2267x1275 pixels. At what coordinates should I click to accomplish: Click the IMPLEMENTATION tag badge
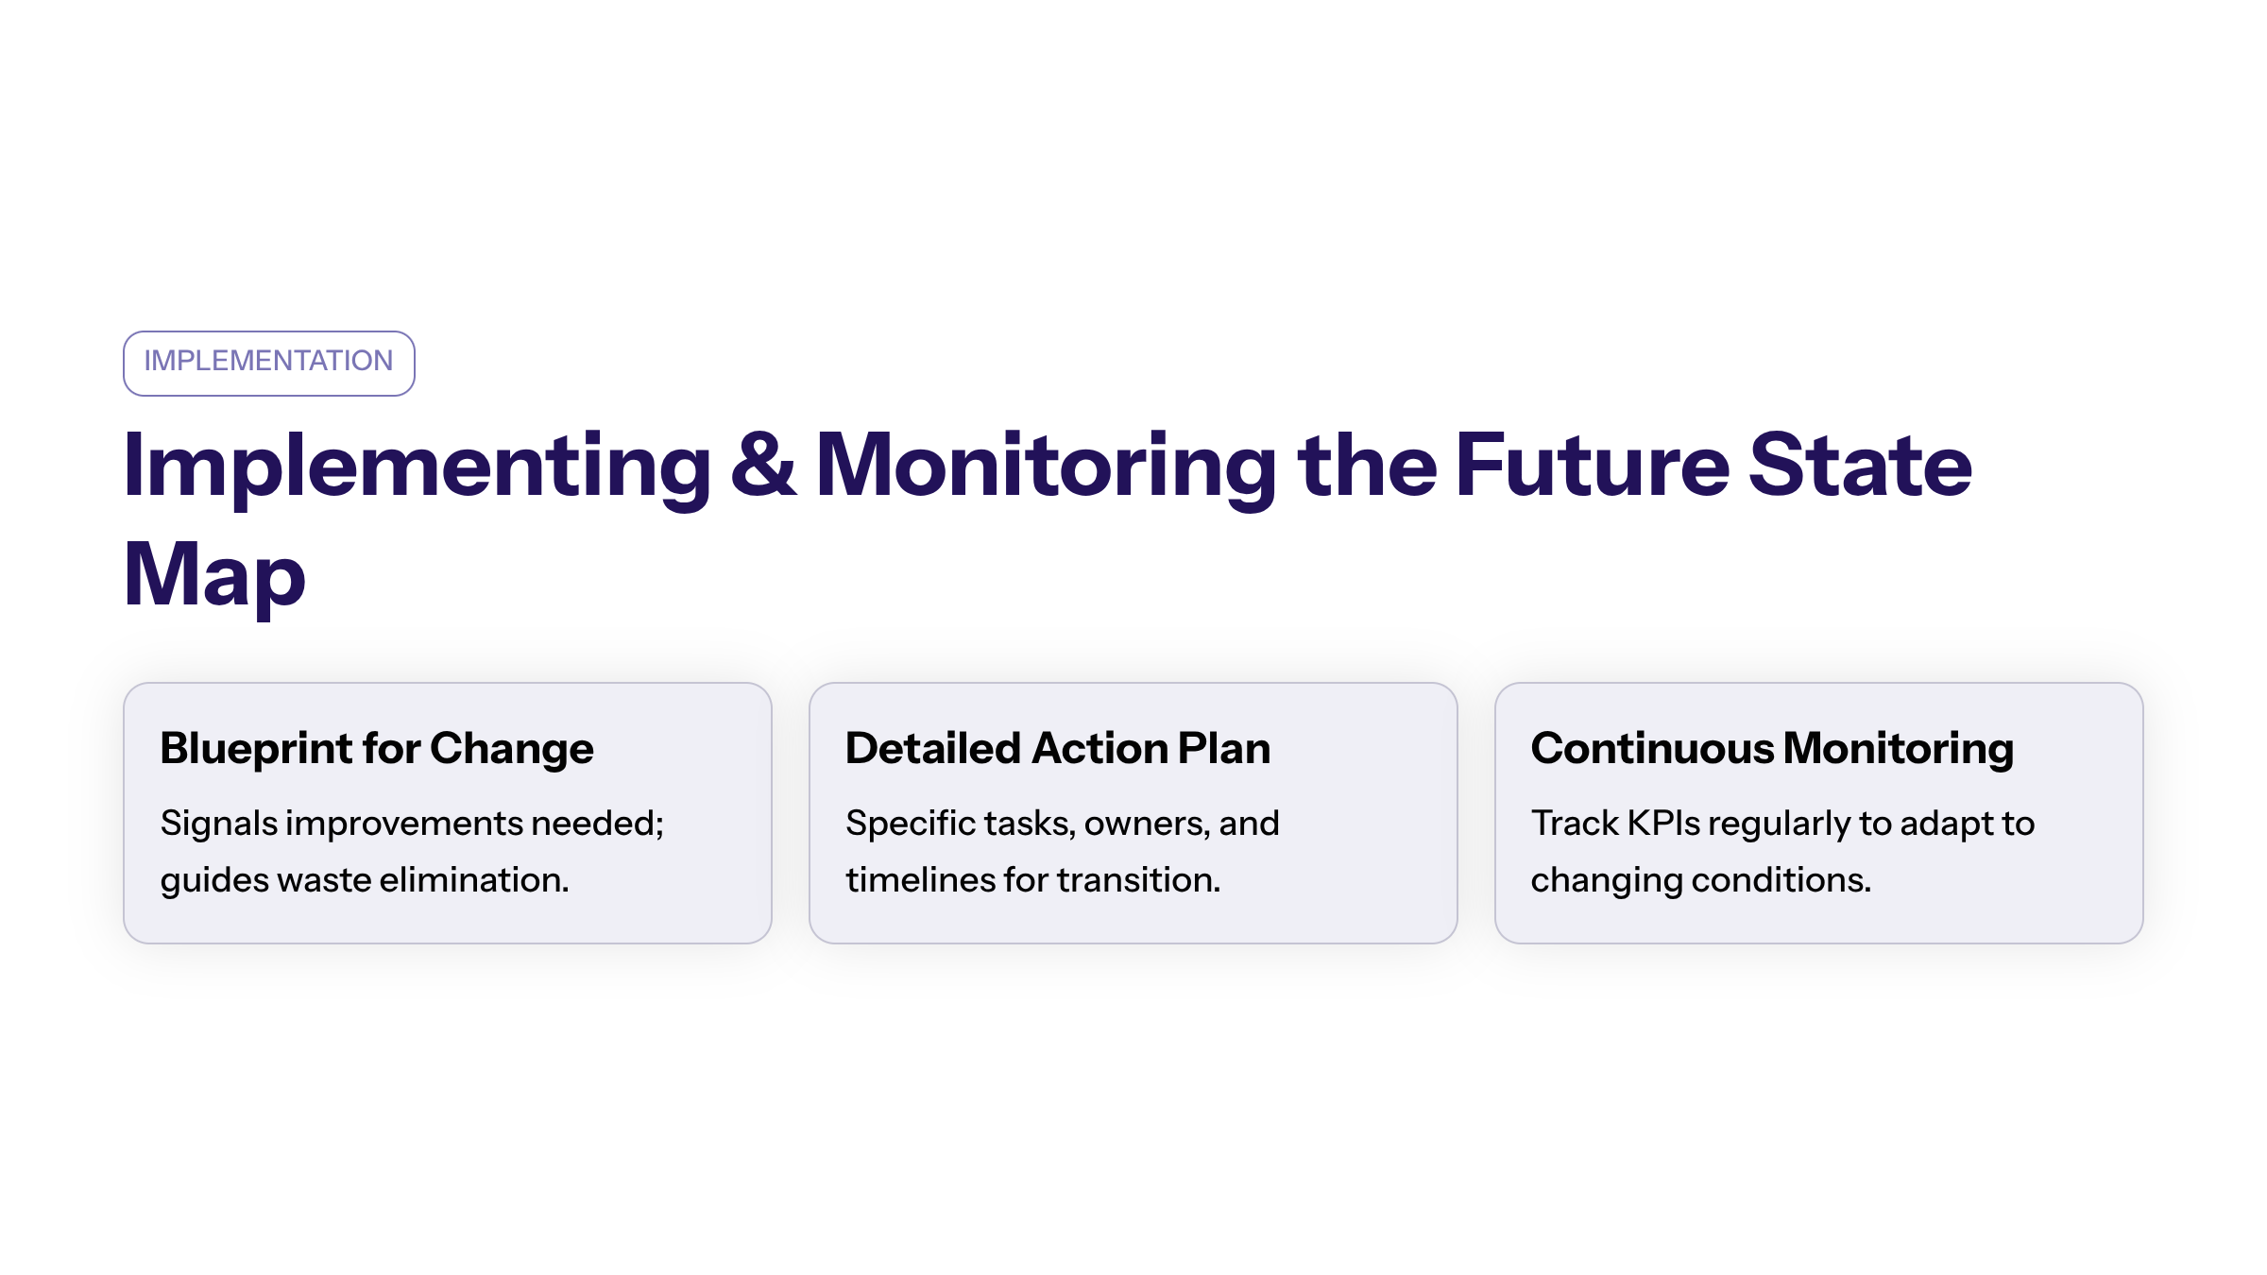269,364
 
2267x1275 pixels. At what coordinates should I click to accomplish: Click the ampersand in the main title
763,464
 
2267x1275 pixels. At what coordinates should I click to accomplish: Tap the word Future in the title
1593,464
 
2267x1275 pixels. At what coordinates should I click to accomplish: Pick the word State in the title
1860,464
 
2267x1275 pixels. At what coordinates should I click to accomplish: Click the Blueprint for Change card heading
377,750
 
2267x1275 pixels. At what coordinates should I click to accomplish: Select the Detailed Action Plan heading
1058,748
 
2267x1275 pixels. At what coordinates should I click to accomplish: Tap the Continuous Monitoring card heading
1772,750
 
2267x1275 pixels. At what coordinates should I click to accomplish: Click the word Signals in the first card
219,824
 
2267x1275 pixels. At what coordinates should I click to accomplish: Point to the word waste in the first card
324,881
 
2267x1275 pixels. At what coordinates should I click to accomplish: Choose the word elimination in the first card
474,880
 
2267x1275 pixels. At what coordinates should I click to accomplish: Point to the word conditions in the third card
1781,880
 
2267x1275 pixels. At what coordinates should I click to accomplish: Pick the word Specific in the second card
911,824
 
